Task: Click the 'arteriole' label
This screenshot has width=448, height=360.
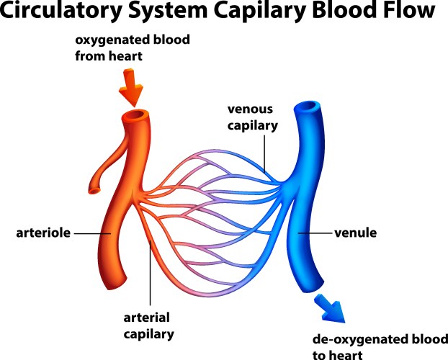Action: pos(42,233)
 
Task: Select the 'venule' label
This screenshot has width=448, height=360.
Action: pos(357,233)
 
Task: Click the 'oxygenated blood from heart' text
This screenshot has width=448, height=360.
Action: pos(133,48)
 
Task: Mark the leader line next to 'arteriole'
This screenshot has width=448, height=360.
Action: pos(91,233)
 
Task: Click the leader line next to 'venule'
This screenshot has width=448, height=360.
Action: pos(315,233)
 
